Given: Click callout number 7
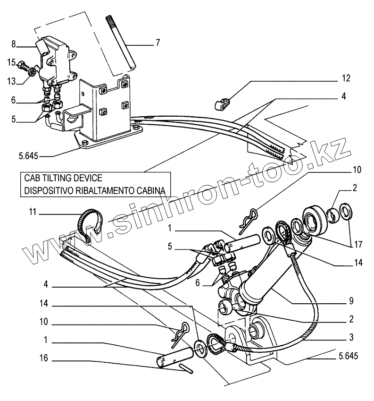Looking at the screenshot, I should point(158,43).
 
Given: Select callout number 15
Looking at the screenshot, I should point(11,61).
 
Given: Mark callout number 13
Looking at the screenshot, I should point(11,82).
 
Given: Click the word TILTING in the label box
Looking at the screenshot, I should point(68,179).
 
